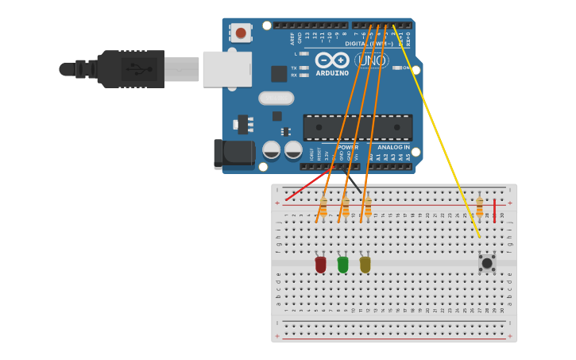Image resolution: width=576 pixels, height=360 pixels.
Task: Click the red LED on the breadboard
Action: coord(320,264)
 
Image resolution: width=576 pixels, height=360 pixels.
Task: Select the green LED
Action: coord(342,264)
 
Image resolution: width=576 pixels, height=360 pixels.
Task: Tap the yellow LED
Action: coord(365,264)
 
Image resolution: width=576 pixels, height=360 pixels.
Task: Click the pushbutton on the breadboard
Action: coord(487,262)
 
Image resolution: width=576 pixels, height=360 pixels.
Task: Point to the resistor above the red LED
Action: coord(323,207)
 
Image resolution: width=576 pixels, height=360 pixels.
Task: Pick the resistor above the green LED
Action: coord(346,207)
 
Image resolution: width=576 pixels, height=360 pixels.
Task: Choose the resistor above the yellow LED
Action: coord(368,207)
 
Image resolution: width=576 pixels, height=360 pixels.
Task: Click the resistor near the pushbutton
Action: coord(479,207)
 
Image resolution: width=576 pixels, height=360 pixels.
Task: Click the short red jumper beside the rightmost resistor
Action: coord(494,210)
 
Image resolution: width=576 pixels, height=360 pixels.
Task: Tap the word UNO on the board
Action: coord(371,60)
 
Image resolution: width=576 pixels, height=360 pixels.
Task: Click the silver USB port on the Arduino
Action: coord(227,69)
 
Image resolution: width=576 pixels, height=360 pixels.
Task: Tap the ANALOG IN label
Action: coord(393,147)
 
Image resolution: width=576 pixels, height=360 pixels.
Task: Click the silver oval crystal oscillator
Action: coord(276,98)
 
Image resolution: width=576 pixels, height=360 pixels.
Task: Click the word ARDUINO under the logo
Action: coord(333,73)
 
